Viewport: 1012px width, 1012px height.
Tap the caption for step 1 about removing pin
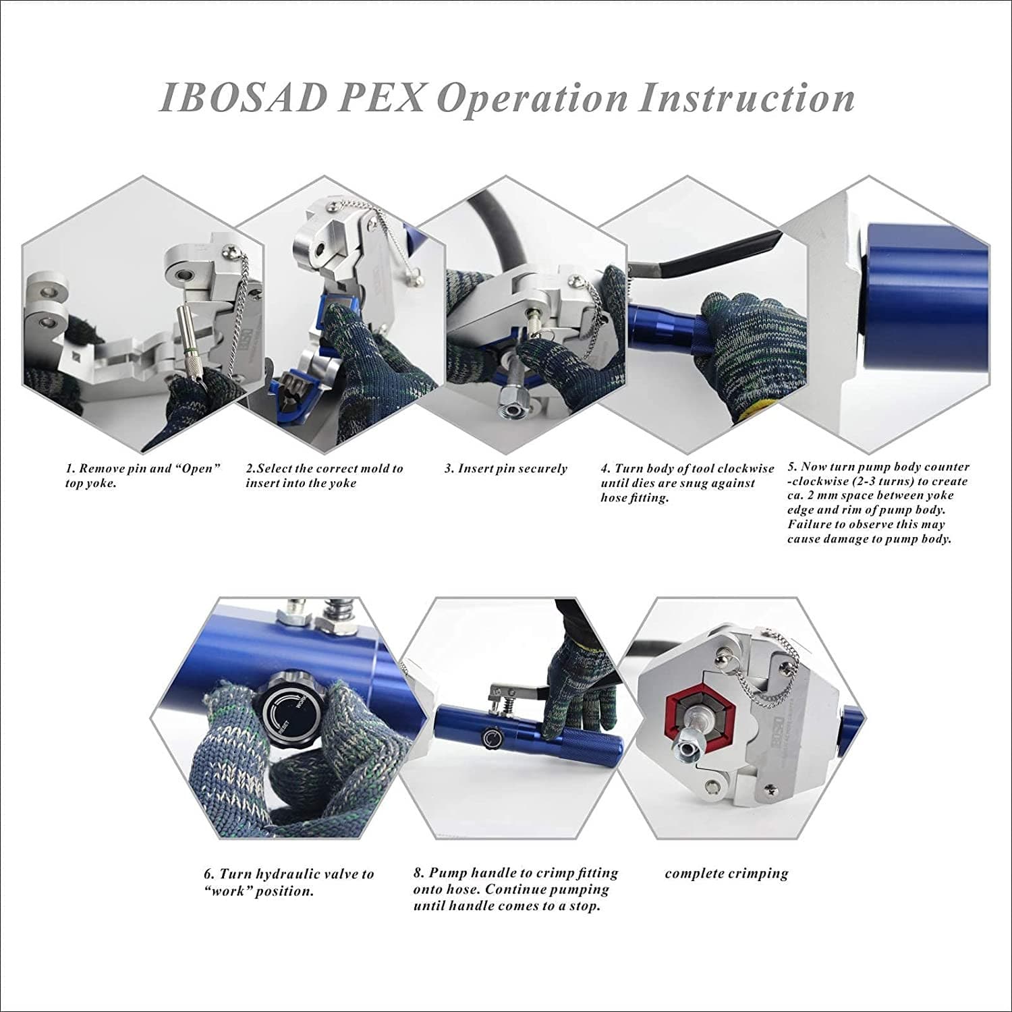coord(142,476)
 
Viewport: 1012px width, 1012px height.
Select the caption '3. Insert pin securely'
coord(505,469)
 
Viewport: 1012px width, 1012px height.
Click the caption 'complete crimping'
coord(726,874)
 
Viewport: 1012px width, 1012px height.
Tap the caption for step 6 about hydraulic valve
coord(288,882)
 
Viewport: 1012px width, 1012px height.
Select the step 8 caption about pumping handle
coord(515,889)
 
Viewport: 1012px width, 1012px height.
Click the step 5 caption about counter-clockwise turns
coord(877,503)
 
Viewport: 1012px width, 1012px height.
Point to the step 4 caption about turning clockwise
coord(687,483)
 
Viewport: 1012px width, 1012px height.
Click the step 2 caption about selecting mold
coord(324,476)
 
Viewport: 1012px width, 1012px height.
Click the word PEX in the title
coord(381,99)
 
